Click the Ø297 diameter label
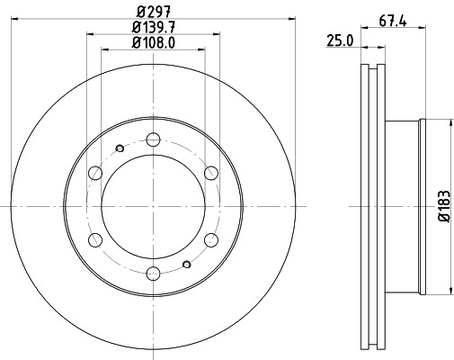(153, 12)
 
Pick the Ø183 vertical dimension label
(442, 206)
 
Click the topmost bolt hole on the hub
(153, 139)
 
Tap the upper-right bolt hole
(211, 173)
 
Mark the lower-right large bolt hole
(211, 240)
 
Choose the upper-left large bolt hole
(94, 173)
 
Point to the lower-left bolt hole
(94, 240)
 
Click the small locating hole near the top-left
(120, 149)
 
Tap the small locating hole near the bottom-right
(186, 264)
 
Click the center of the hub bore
(153, 206)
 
